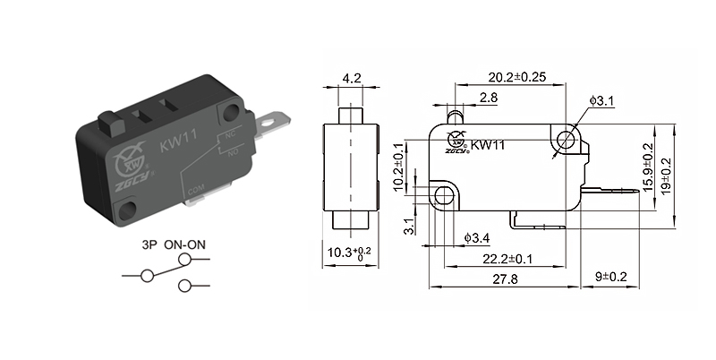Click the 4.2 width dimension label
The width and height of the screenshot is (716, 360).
coord(351,79)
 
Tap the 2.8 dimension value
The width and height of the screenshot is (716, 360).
coord(489,97)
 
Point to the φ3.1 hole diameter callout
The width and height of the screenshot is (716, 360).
coord(601,102)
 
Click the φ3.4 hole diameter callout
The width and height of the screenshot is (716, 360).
coord(477,237)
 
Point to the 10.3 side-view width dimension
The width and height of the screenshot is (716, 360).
coord(351,253)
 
